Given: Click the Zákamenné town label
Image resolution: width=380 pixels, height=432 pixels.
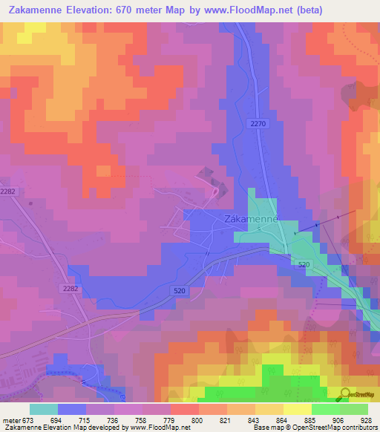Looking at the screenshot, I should (251, 220).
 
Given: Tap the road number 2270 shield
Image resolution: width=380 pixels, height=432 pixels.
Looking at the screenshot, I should (258, 124).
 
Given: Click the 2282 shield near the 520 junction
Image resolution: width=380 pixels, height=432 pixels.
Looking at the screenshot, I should (70, 288).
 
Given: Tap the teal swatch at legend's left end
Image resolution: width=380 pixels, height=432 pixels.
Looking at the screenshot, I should (44, 409).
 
